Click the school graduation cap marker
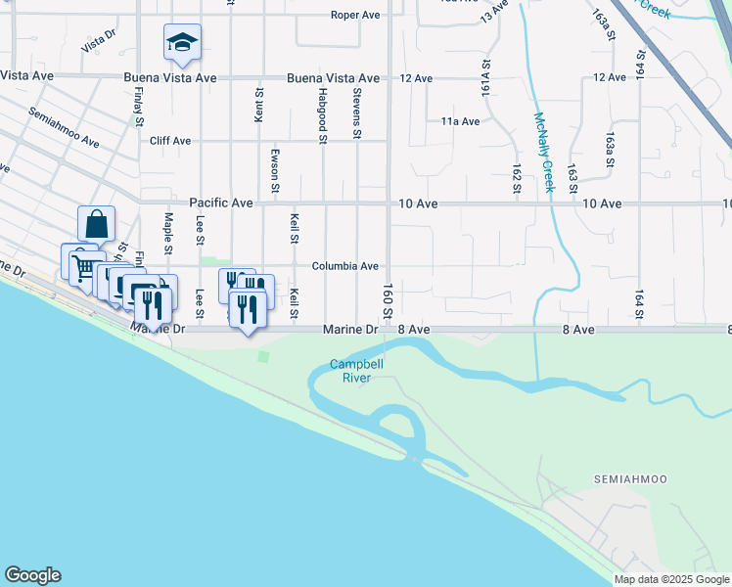click(182, 42)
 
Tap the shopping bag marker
click(97, 224)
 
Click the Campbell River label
click(356, 371)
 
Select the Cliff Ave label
click(170, 141)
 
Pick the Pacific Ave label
click(221, 203)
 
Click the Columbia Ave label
click(344, 266)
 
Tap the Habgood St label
click(322, 114)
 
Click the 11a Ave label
click(460, 121)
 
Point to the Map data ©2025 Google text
click(670, 579)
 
